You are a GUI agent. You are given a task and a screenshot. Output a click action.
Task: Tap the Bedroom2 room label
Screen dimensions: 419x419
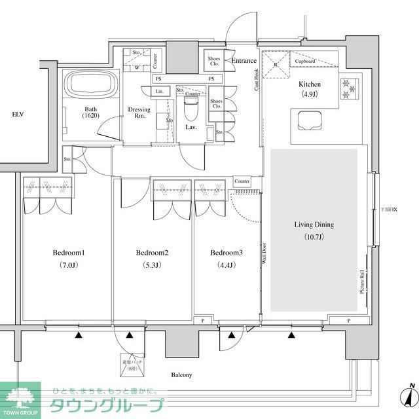[153, 253]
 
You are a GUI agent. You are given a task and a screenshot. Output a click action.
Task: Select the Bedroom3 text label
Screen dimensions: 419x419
[227, 253]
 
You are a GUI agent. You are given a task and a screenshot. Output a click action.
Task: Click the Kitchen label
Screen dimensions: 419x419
[310, 84]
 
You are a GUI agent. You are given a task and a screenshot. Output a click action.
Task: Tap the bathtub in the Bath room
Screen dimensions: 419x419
[90, 85]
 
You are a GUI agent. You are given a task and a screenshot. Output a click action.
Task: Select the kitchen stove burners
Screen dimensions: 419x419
[348, 86]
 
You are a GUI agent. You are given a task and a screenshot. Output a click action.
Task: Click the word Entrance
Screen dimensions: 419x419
[244, 61]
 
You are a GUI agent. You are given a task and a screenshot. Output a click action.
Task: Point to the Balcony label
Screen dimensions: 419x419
[181, 375]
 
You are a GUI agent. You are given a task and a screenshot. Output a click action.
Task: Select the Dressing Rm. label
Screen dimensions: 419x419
[138, 113]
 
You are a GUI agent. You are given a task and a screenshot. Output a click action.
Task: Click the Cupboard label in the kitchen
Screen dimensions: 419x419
[306, 62]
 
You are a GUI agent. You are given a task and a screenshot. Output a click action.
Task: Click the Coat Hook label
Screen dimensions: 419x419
[257, 80]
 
